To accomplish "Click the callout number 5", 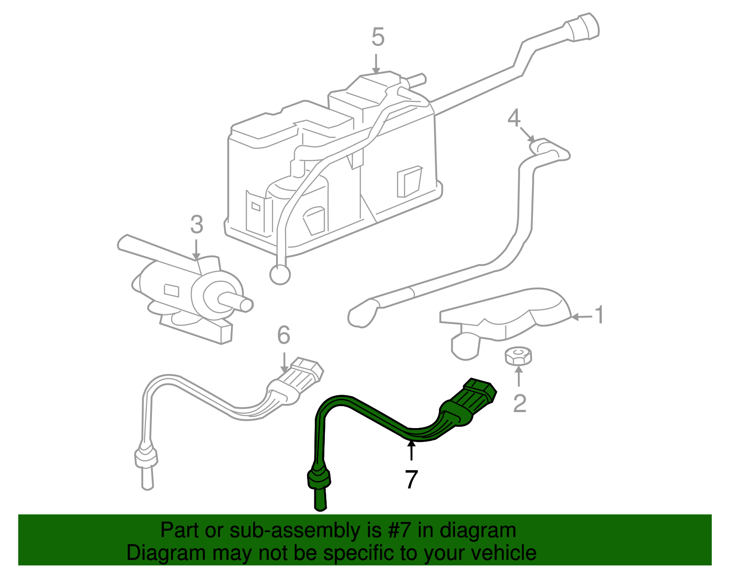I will [378, 37].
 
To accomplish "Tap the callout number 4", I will [514, 118].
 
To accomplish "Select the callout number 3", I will [196, 225].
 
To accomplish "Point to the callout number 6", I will [283, 335].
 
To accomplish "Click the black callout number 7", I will [411, 480].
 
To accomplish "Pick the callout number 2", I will [520, 403].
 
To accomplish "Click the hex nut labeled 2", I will [518, 356].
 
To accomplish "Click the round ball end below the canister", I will [280, 274].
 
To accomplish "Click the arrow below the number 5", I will [376, 63].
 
